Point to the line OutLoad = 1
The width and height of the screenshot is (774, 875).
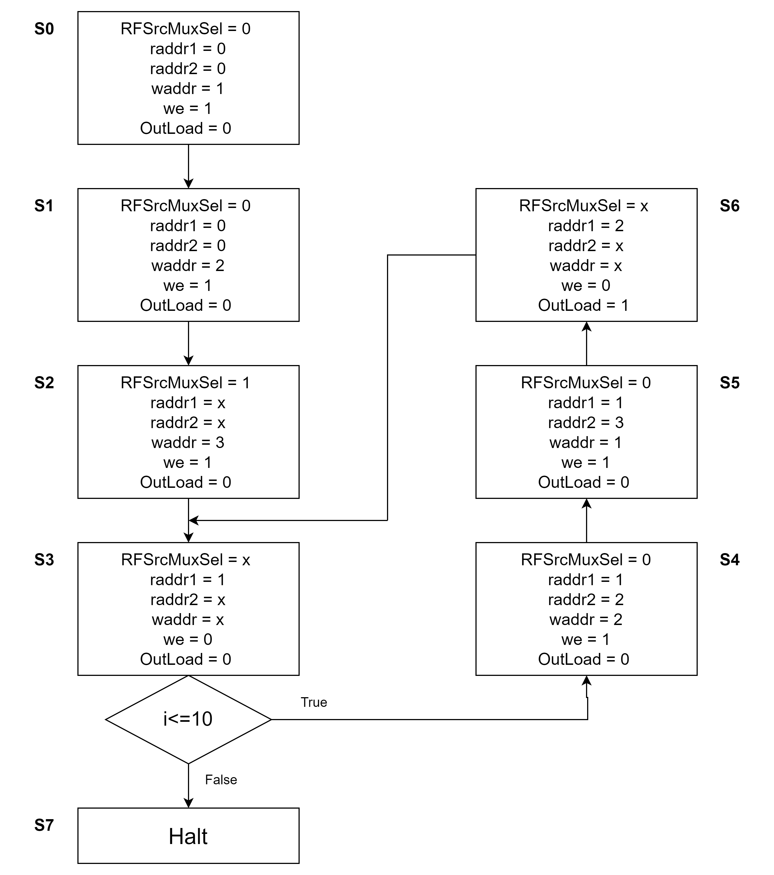tap(584, 305)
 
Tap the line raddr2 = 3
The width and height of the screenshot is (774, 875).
tap(586, 423)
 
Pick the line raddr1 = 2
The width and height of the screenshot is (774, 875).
tap(586, 226)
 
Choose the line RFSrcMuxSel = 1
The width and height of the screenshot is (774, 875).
tap(185, 383)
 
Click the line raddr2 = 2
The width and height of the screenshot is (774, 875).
tap(586, 599)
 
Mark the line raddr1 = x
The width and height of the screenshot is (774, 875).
tap(188, 402)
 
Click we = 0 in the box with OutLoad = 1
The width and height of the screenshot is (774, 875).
tap(586, 285)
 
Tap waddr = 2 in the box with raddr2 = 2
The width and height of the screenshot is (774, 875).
tap(586, 619)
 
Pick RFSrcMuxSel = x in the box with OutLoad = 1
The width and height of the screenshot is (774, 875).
tap(584, 206)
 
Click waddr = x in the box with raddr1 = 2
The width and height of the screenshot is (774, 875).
tap(586, 265)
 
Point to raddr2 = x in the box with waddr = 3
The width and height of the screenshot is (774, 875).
tap(188, 423)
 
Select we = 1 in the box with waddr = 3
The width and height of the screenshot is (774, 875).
tap(188, 462)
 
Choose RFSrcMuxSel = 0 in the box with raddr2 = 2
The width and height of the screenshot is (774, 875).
tap(586, 559)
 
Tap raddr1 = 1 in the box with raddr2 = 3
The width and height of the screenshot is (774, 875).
tap(586, 402)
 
